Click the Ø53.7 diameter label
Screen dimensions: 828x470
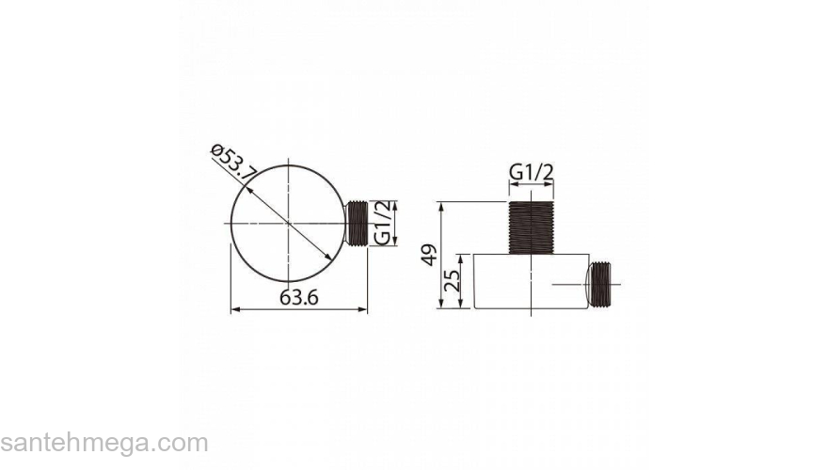pyautogui.click(x=233, y=163)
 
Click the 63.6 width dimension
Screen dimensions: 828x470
pyautogui.click(x=299, y=297)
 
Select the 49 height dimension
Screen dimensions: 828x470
pyautogui.click(x=432, y=255)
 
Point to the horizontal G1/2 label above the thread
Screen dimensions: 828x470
pyautogui.click(x=532, y=173)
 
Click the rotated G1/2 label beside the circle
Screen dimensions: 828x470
pyautogui.click(x=383, y=223)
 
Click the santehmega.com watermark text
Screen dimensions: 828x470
pyautogui.click(x=104, y=444)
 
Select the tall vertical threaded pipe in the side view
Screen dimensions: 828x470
pyautogui.click(x=531, y=227)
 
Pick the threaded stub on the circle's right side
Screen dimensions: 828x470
pyautogui.click(x=357, y=223)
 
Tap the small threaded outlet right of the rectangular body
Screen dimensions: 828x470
pyautogui.click(x=599, y=284)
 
